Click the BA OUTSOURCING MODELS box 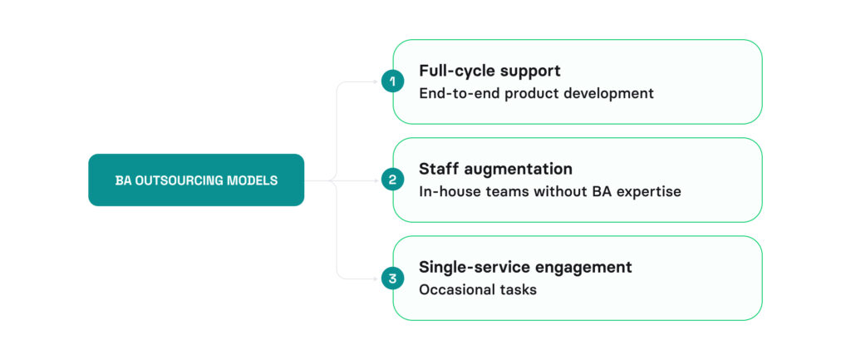click(196, 180)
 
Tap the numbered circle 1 click(392, 81)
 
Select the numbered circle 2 click(392, 180)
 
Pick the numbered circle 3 click(392, 279)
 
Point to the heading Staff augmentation click(495, 169)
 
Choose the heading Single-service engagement click(525, 267)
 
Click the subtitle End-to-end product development click(536, 93)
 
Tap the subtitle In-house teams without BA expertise click(549, 191)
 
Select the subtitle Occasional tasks click(477, 289)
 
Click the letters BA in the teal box click(123, 180)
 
